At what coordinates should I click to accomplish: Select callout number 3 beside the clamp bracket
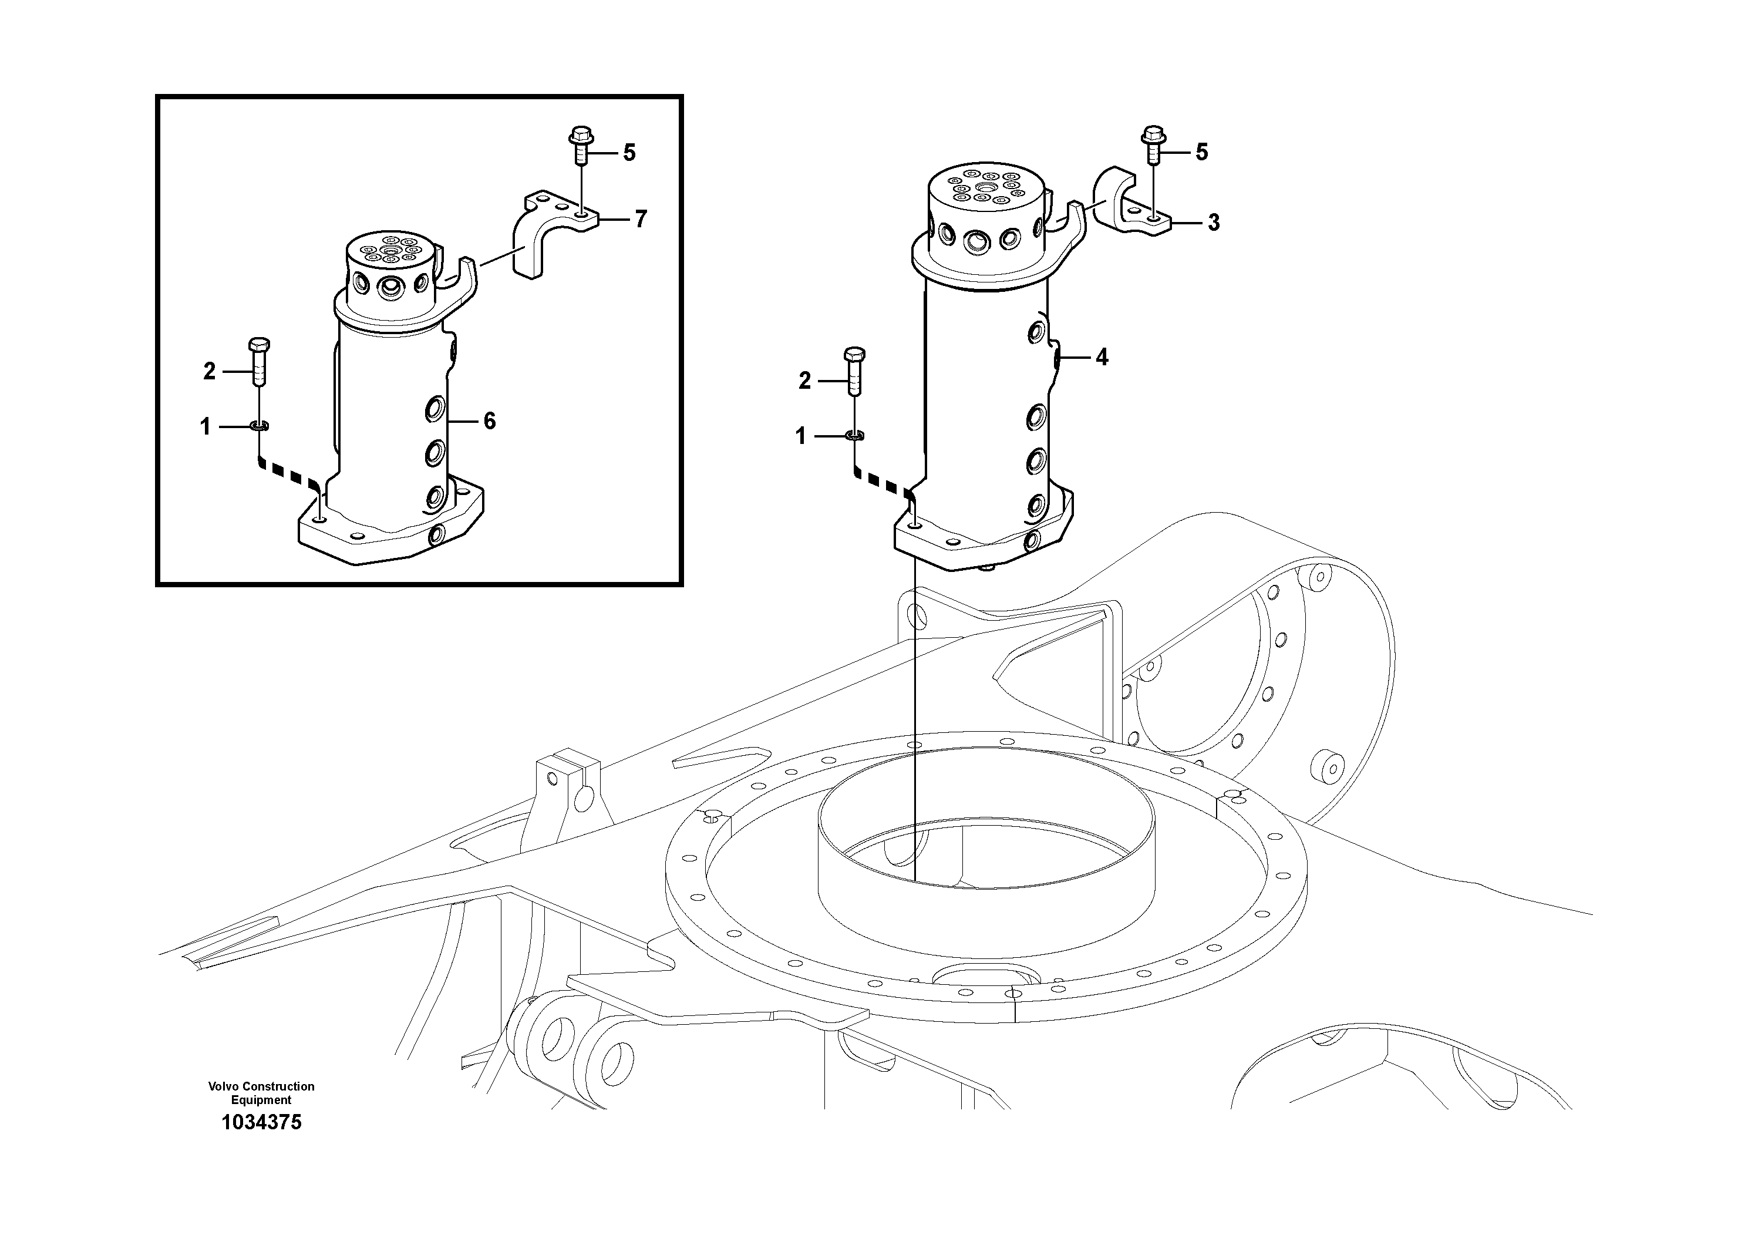click(1214, 223)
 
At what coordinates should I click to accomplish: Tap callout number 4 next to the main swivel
click(1102, 356)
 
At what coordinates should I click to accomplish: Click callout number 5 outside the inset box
click(1201, 152)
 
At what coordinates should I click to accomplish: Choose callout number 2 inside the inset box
click(210, 372)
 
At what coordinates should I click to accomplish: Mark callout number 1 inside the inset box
click(205, 427)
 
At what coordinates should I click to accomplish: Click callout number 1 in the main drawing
click(800, 436)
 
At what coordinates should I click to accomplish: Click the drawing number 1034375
click(261, 1122)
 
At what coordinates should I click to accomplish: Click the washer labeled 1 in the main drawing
click(854, 436)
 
